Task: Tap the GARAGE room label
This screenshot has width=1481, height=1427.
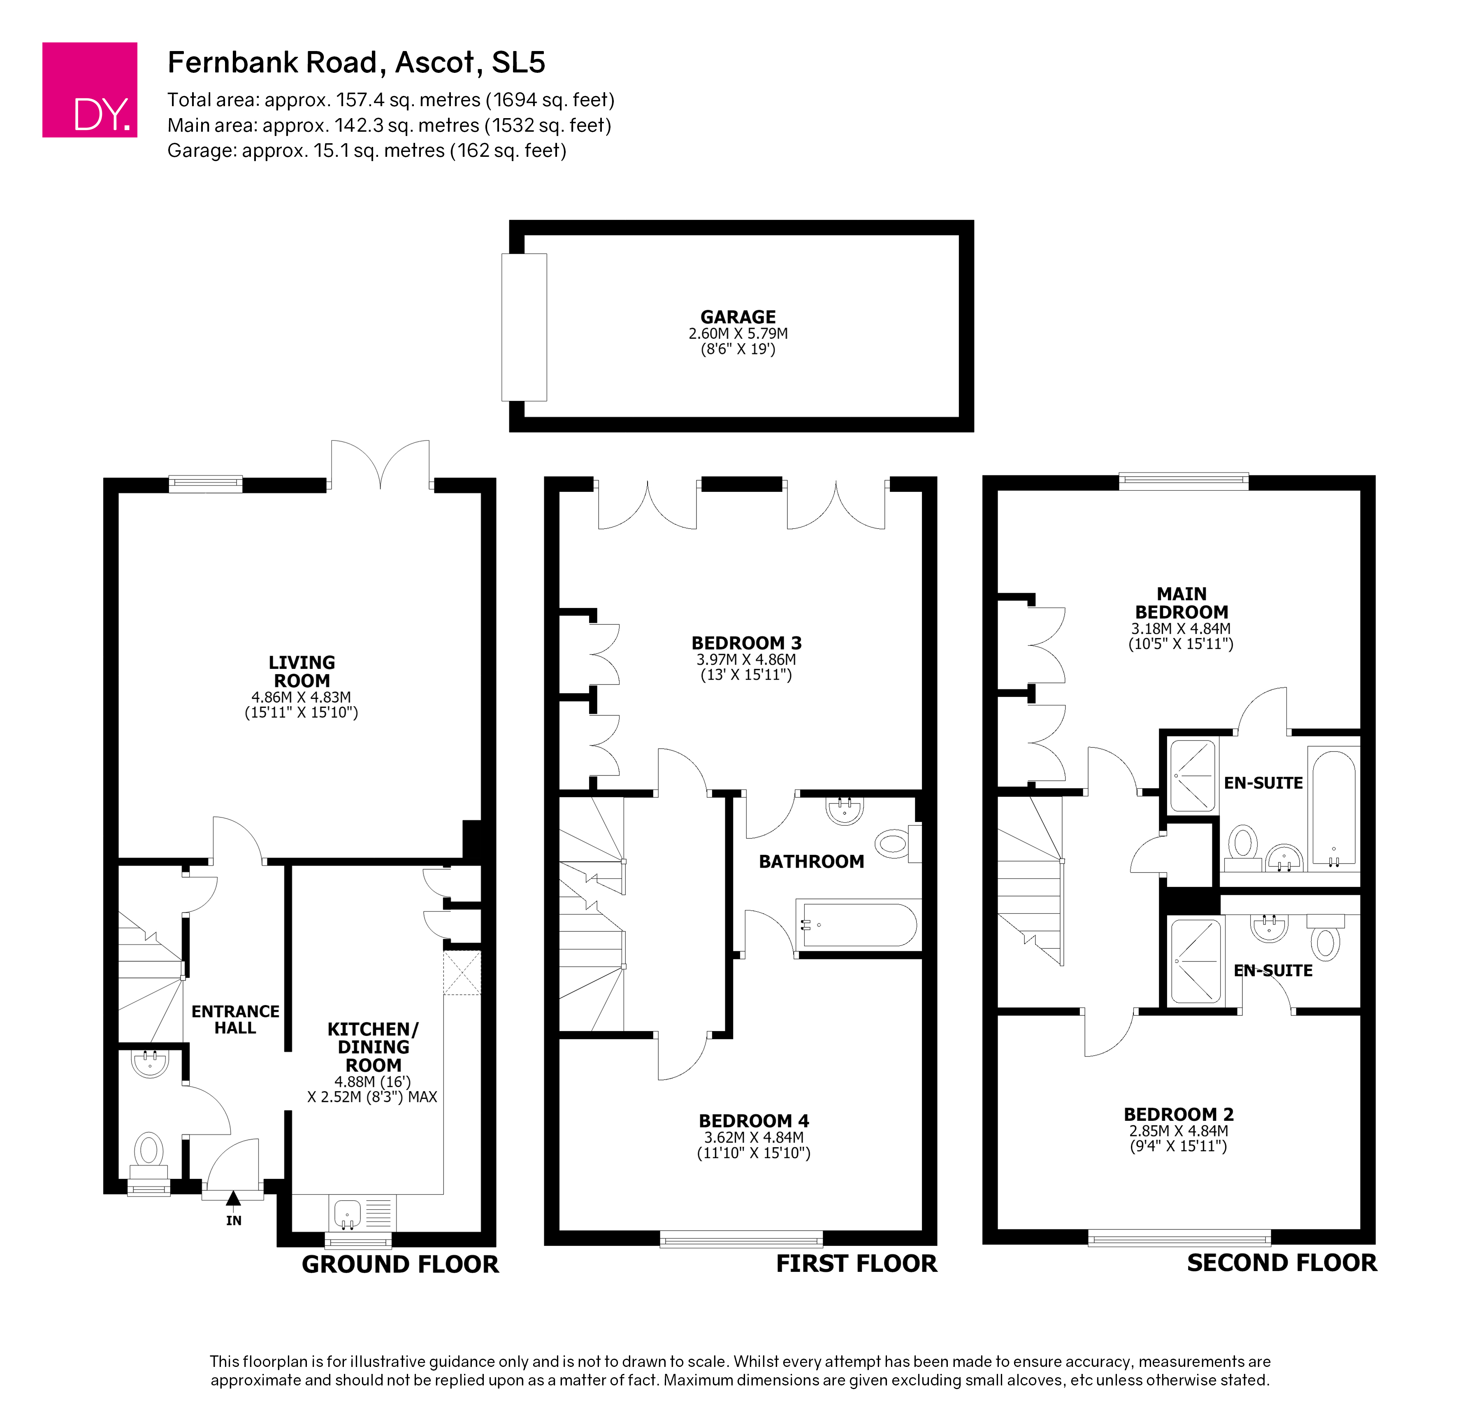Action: point(738,317)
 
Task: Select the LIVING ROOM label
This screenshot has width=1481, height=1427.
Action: point(302,671)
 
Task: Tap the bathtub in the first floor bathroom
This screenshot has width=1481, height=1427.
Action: point(859,924)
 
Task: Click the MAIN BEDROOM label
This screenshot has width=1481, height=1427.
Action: point(1182,603)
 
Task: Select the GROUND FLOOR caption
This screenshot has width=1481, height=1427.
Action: point(400,1264)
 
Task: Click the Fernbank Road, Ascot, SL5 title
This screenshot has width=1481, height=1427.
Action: point(356,62)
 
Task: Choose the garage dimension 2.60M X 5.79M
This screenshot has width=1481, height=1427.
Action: point(738,333)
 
